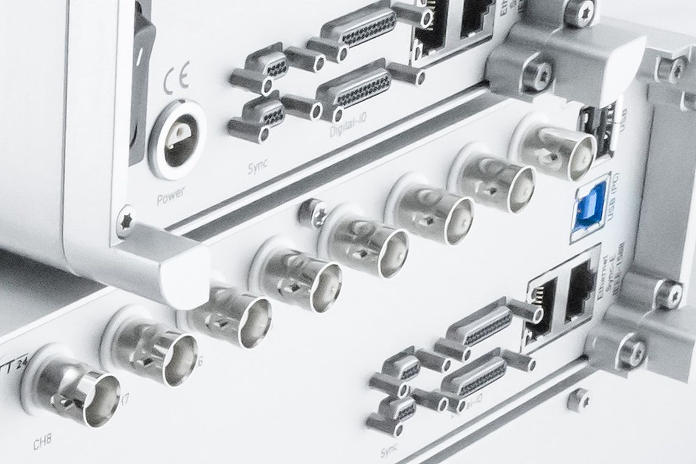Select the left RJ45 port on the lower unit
click(x=539, y=309)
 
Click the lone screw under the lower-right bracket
click(x=578, y=400)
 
